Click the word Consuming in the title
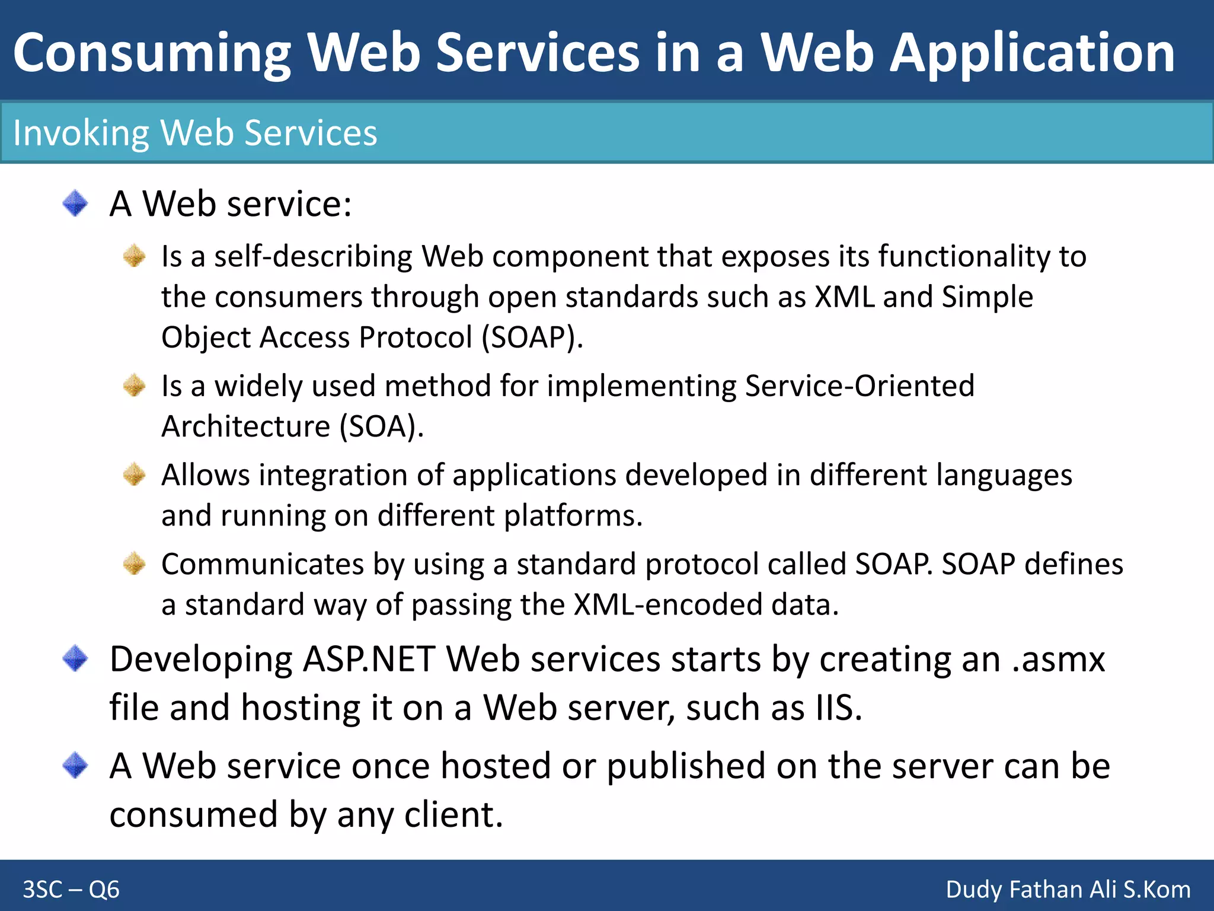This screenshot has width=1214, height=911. [x=152, y=53]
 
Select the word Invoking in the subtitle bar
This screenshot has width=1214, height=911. [x=81, y=133]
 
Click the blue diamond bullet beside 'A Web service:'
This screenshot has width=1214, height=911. [x=75, y=203]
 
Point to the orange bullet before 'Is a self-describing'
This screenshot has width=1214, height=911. [x=135, y=256]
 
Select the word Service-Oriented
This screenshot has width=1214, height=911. [x=860, y=386]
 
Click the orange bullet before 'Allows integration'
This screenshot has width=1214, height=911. [x=135, y=474]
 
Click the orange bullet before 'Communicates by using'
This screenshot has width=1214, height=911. [x=135, y=563]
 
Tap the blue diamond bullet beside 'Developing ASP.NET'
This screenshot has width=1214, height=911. [x=75, y=658]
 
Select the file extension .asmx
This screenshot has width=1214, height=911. [x=1058, y=660]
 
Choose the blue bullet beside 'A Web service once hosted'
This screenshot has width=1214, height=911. [x=75, y=765]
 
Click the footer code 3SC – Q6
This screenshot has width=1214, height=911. [x=71, y=890]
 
